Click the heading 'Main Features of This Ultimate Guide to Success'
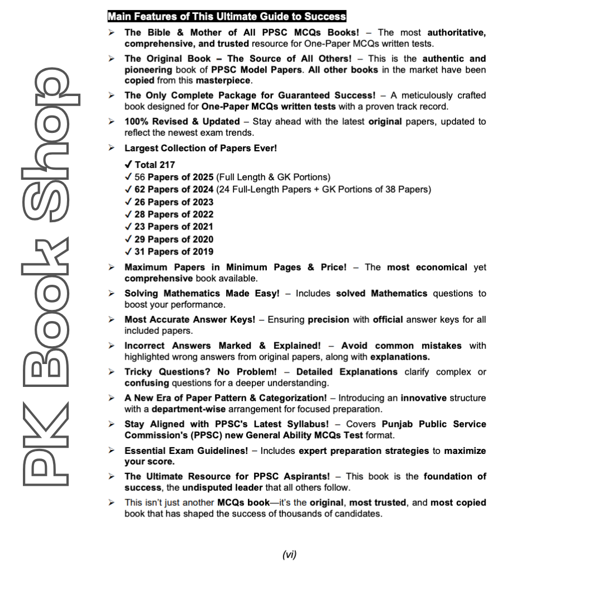coord(226,17)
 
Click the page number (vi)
coord(289,554)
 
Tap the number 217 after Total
coord(166,165)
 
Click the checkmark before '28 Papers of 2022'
coord(128,214)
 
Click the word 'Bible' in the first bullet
coord(158,32)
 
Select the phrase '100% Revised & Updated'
coord(182,121)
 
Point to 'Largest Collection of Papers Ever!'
coord(200,148)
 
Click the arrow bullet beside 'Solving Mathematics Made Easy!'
coord(112,293)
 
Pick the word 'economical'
coord(442,267)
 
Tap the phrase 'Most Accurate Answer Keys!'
coord(190,319)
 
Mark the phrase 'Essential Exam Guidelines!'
coord(186,451)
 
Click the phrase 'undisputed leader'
coord(219,487)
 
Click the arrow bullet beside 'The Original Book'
coord(112,59)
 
